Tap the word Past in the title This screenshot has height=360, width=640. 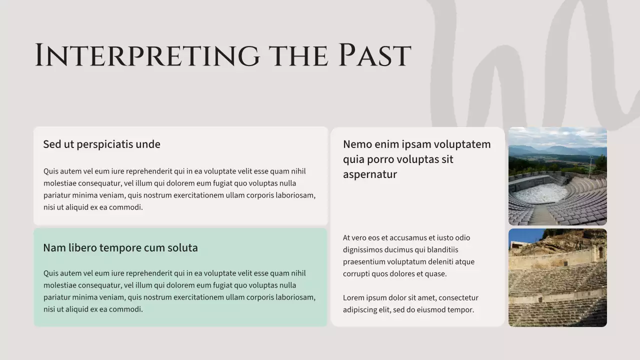(374, 55)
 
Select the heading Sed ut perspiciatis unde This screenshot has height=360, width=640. (101, 144)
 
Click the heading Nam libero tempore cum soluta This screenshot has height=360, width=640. (120, 248)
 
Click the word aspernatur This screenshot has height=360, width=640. (369, 174)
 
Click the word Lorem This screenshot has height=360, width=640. (353, 298)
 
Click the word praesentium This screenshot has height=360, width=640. (365, 262)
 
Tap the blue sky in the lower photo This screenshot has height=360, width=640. (522, 235)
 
